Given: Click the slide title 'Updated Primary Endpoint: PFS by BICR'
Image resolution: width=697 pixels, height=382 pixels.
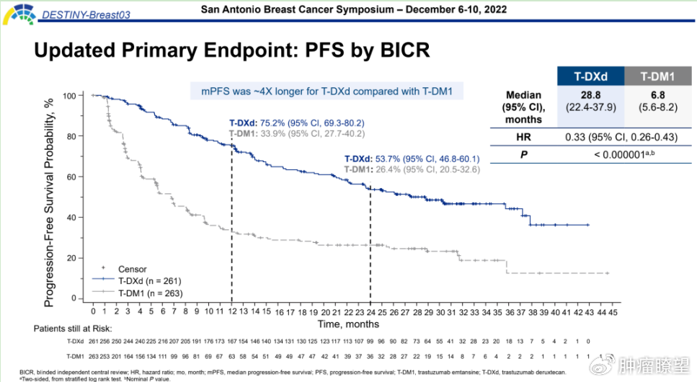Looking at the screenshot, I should tap(232, 50).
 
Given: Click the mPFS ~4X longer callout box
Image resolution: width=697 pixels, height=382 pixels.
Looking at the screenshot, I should tap(327, 91).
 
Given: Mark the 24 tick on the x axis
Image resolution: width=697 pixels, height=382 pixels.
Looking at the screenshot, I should tap(370, 313).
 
